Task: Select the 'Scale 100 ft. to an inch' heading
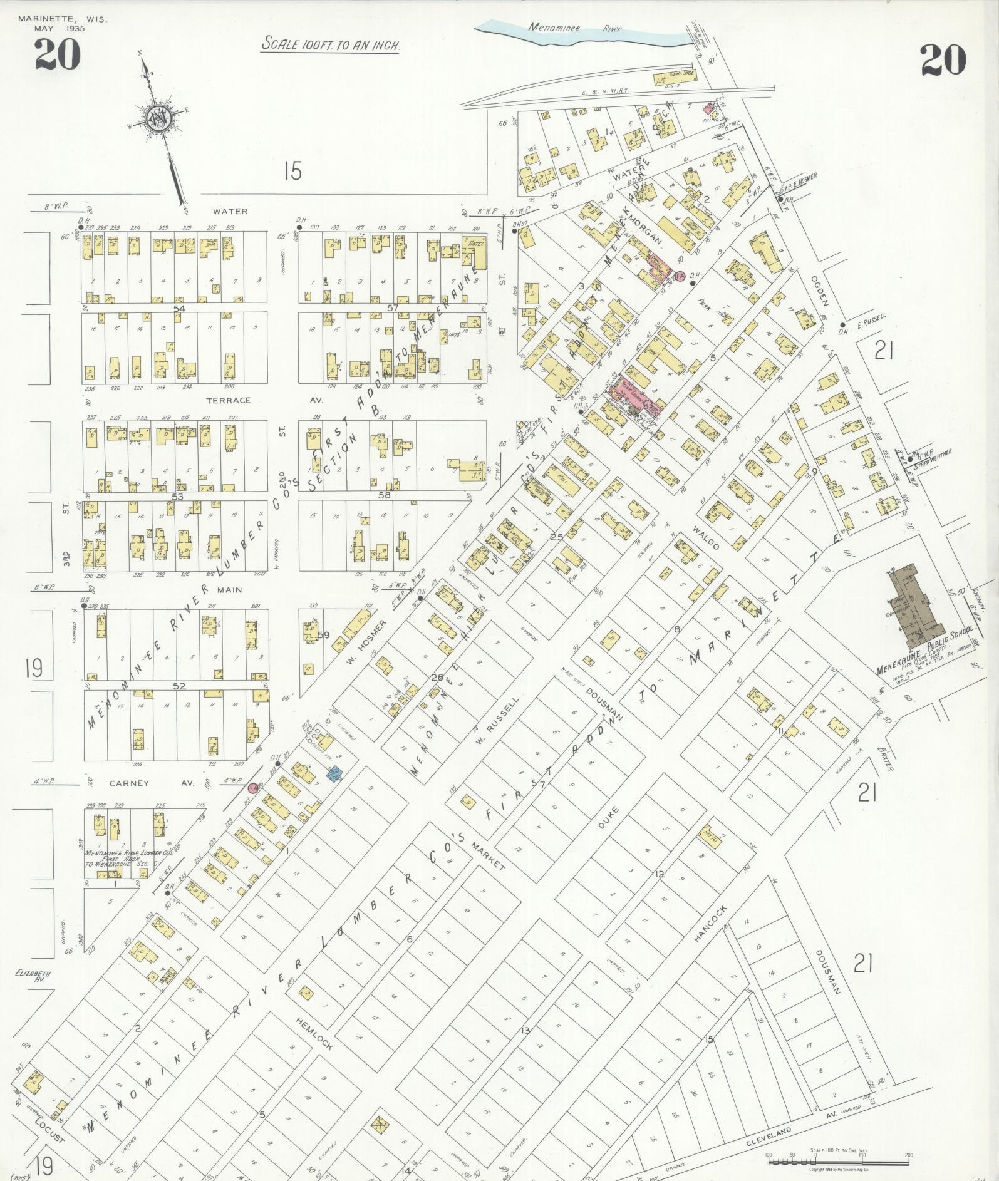(331, 45)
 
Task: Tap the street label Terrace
(232, 400)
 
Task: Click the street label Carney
(128, 783)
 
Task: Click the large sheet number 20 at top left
(57, 54)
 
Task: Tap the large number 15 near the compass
(292, 171)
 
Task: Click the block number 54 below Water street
(180, 309)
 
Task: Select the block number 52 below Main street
(180, 686)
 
